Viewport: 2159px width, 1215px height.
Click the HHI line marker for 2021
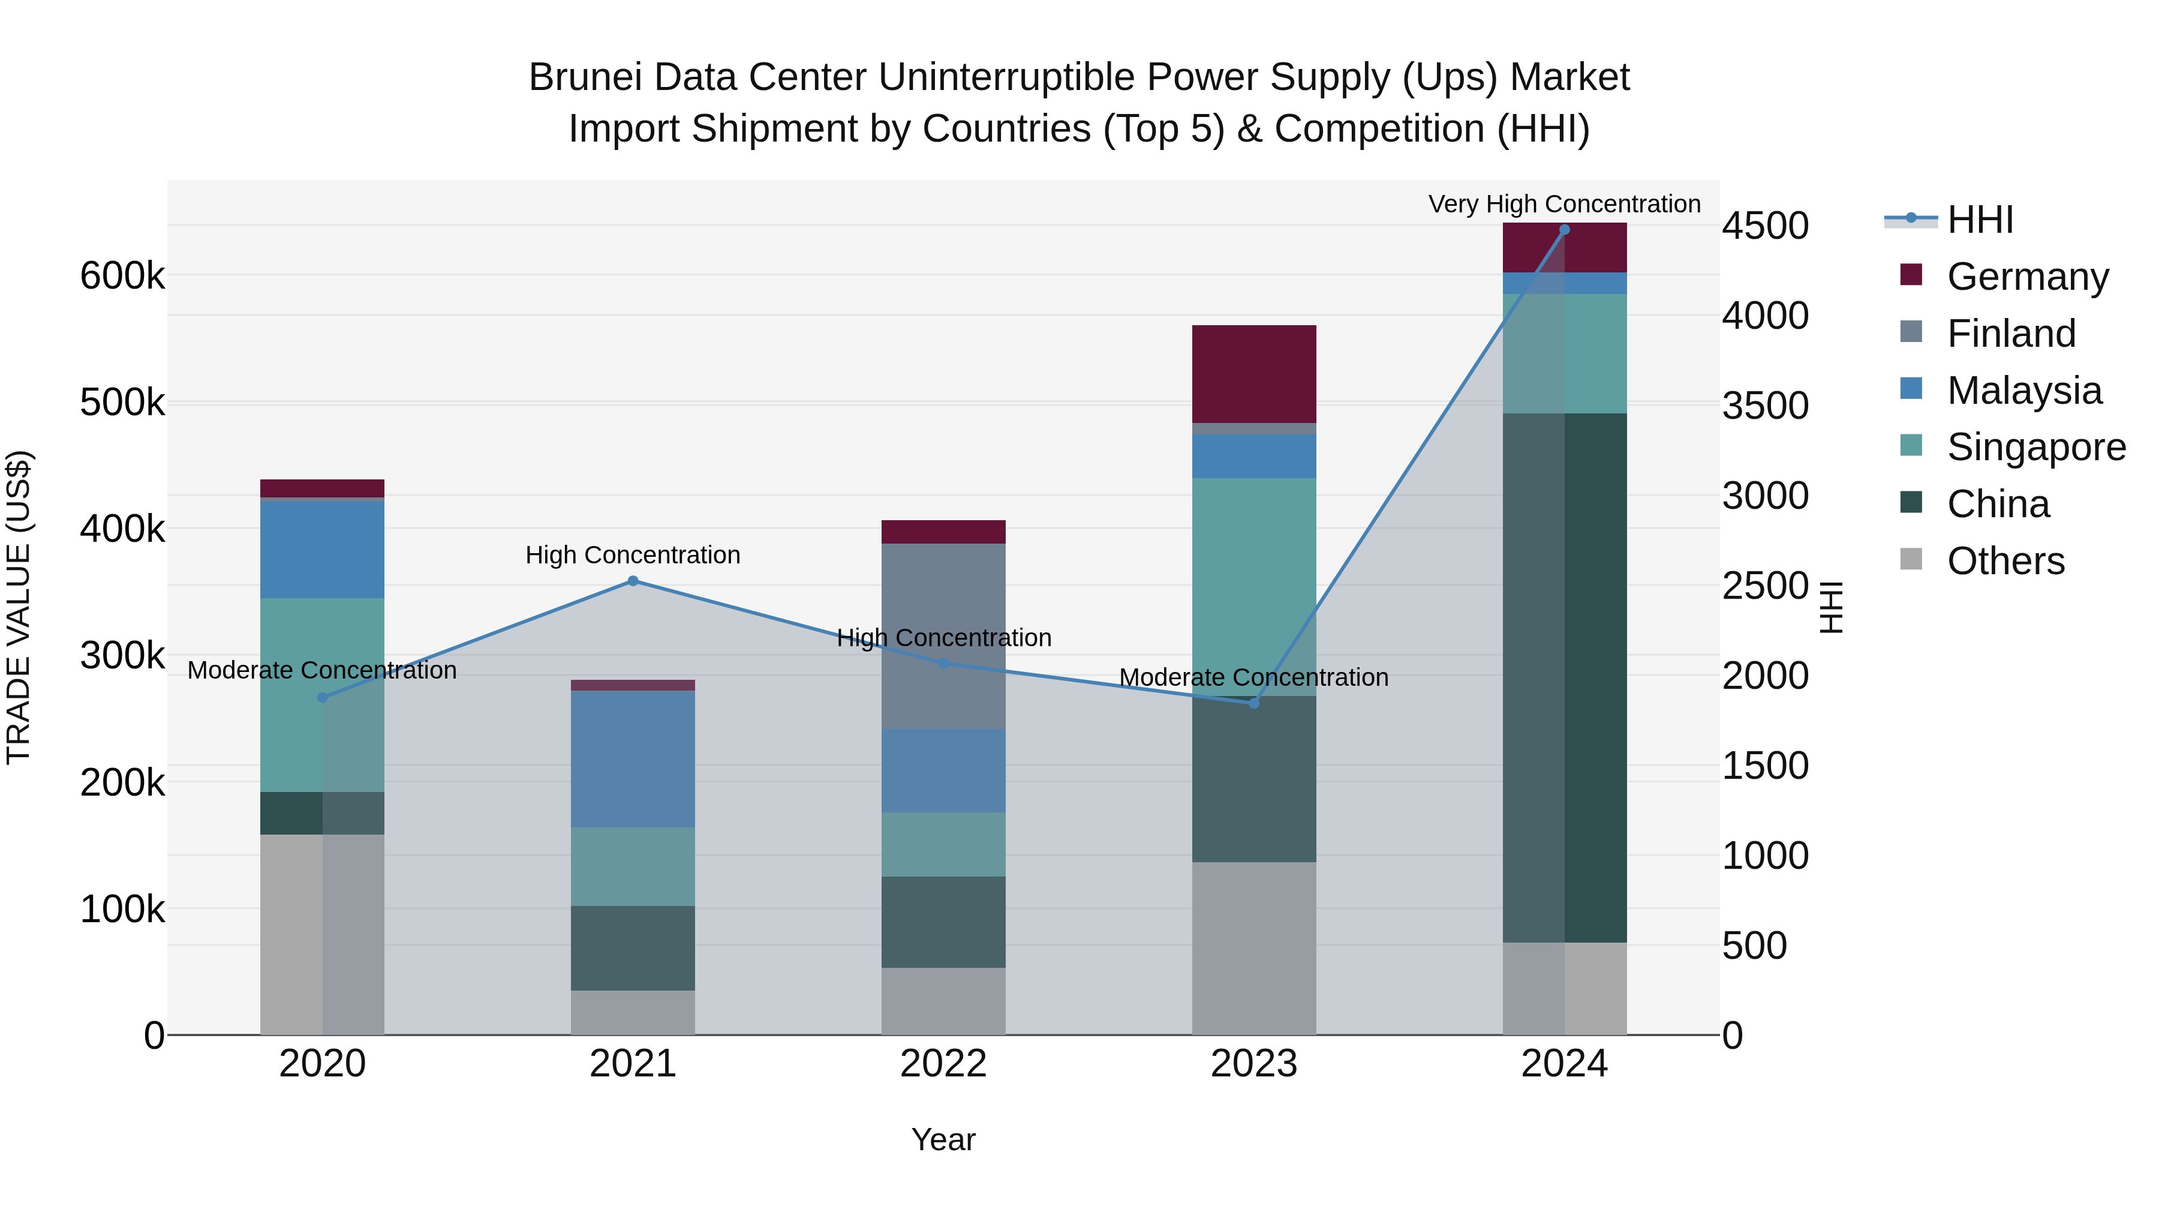click(633, 581)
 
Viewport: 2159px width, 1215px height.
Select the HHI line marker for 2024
click(1564, 230)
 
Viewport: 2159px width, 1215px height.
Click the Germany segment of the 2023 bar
click(1254, 374)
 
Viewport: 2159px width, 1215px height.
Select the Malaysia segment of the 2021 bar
click(633, 759)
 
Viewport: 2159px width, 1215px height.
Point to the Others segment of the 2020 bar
click(322, 934)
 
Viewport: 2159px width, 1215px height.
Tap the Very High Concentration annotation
click(1564, 204)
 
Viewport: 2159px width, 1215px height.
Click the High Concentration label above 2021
click(633, 555)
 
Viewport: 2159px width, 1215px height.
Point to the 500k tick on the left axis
click(122, 403)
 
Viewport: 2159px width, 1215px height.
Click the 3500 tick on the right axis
click(1765, 406)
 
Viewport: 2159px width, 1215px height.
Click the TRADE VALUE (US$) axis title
click(19, 607)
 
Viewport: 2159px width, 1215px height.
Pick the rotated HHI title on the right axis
click(1833, 607)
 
